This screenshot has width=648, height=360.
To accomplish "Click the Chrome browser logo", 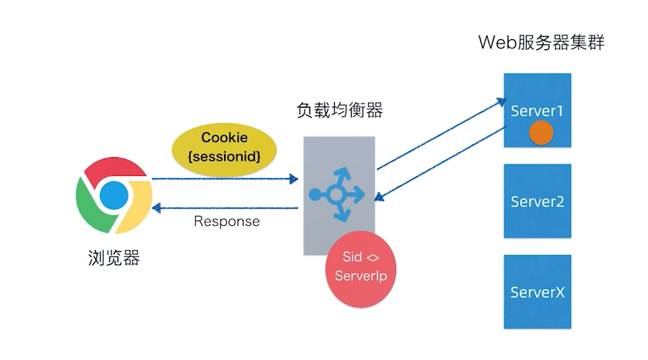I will point(114,196).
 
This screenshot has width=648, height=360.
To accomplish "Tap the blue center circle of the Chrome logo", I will point(114,196).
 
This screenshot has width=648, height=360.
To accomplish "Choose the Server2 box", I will point(537,201).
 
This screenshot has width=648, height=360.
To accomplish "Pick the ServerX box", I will point(537,292).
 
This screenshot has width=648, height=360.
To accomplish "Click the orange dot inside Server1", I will point(541,133).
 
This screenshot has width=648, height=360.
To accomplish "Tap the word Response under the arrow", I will point(227,222).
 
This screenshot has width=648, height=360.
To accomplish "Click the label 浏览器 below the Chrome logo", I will point(114,258).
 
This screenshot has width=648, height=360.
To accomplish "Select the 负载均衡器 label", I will point(340,111).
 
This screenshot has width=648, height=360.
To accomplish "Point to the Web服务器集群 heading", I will point(541,43).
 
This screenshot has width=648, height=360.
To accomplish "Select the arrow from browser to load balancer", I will point(225,179).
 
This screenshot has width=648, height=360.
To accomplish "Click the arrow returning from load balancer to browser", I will point(225,208).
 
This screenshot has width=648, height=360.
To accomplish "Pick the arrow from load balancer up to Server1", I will point(441,135).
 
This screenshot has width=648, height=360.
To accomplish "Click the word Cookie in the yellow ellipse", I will point(225,138).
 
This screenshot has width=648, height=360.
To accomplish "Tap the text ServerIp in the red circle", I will point(361,276).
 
